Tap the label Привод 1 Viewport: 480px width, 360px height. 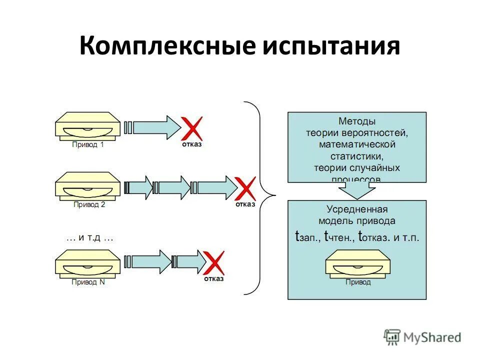87,145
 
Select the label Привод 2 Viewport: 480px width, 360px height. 89,204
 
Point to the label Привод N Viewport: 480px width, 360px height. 88,282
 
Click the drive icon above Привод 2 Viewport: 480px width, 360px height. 87,185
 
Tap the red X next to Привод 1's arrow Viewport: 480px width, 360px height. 191,128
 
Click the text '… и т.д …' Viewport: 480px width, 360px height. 90,238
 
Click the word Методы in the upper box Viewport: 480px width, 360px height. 356,121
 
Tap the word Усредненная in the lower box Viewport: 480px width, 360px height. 357,209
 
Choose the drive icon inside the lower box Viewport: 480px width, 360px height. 357,263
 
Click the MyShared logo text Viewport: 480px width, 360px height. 432,337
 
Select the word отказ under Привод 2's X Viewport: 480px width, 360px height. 245,204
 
